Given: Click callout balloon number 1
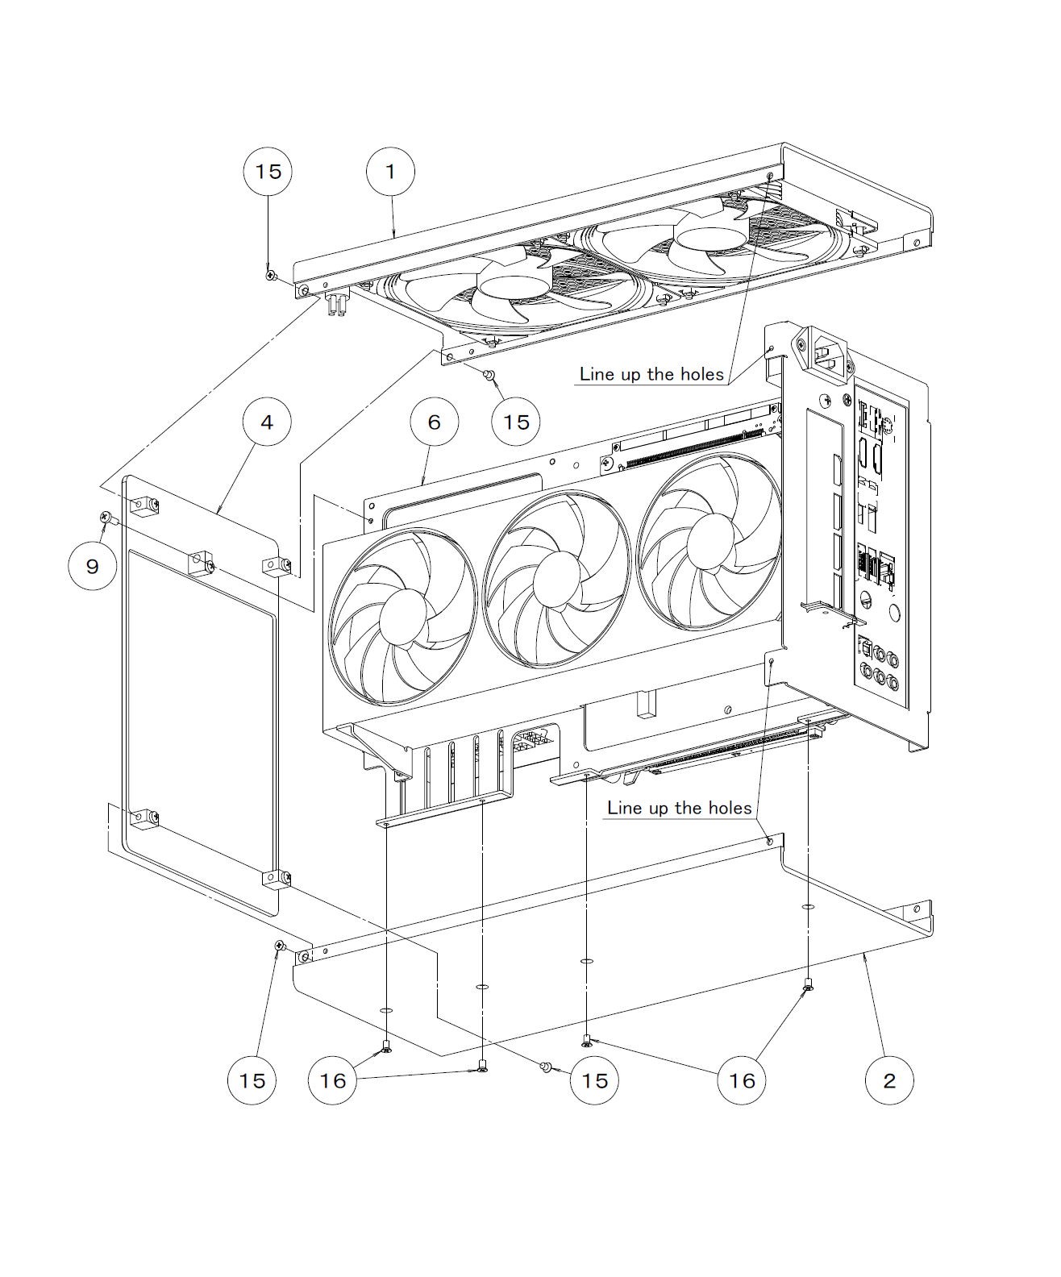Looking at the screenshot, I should coord(391,172).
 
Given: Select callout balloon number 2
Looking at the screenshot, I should coord(889,1080).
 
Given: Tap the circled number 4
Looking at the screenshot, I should coord(267,422).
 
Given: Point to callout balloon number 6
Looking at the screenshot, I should coord(435,422).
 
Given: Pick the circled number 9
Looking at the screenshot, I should coord(93,566).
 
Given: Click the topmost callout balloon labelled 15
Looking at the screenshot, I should coord(268,172).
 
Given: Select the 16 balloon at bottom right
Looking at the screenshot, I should coord(742,1080).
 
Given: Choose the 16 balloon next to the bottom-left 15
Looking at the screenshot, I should coord(333,1080).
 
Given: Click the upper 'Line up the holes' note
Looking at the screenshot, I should coord(651,374).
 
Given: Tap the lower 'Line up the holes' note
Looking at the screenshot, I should coord(679,808).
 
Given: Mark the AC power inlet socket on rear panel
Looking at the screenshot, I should coord(828,352).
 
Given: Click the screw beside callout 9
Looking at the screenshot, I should coord(105,516).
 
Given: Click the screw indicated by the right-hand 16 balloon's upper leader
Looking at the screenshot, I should coord(809,984).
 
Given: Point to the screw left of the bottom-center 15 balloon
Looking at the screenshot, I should coord(546,1067).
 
